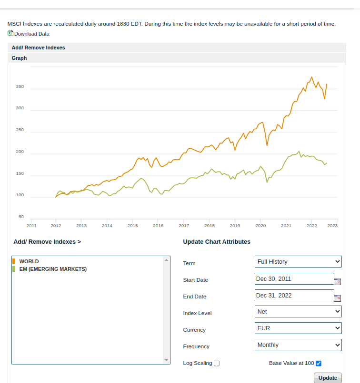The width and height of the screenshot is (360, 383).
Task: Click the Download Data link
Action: point(31,34)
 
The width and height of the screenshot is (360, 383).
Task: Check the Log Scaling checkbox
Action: point(217,364)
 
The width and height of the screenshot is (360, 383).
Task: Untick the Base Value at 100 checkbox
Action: point(319,364)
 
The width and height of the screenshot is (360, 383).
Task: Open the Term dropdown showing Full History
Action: point(298,261)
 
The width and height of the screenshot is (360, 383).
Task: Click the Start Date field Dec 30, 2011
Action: point(294,279)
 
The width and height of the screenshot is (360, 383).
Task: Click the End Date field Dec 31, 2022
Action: point(294,296)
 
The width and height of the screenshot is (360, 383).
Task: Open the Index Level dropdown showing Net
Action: point(298,312)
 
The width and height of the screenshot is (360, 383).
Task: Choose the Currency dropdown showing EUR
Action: point(298,328)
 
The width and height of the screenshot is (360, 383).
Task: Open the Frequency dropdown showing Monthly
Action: point(298,345)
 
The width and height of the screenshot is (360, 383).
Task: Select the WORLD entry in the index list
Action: point(29,261)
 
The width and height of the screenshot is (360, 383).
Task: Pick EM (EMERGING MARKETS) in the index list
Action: point(53,269)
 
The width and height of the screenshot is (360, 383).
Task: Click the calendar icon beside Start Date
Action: point(338,281)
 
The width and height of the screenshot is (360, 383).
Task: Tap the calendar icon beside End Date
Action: point(338,298)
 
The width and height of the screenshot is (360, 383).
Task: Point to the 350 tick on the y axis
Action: point(20,86)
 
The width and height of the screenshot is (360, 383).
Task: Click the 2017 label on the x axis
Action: point(184,226)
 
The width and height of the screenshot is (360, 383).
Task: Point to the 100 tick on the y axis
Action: point(20,195)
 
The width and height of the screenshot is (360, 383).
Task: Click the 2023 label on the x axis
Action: point(332,226)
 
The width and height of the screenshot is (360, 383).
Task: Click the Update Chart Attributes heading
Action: point(217,242)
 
